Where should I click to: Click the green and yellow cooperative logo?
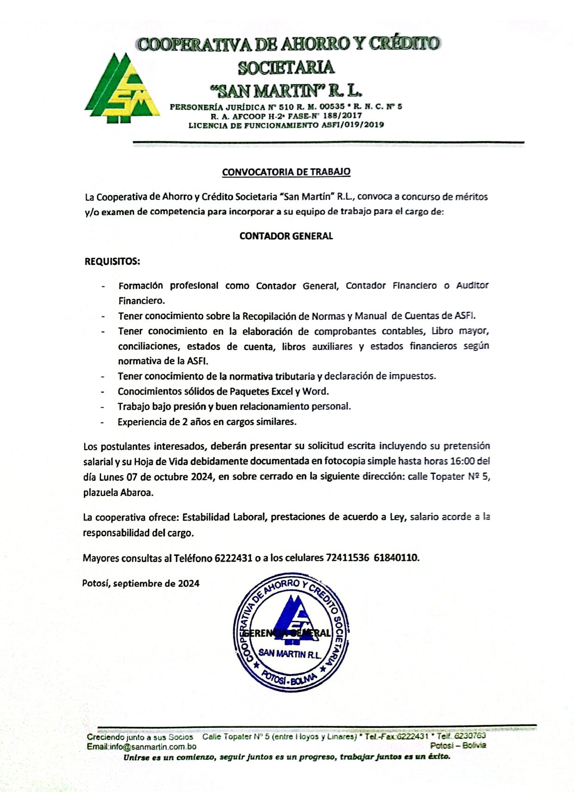[x=120, y=88]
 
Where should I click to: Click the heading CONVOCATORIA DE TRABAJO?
[x=286, y=172]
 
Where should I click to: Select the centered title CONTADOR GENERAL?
[x=286, y=236]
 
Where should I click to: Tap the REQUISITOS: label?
[x=112, y=261]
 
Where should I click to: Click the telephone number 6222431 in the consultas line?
[x=234, y=558]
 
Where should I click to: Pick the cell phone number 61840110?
[x=396, y=558]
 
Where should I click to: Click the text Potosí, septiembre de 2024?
[x=141, y=583]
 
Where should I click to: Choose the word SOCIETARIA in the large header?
[x=286, y=67]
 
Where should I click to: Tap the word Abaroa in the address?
[x=137, y=493]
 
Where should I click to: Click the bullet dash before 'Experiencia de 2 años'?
[x=103, y=422]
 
